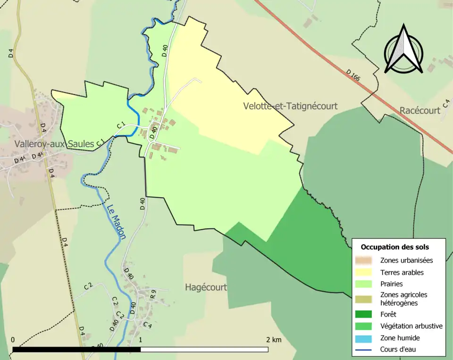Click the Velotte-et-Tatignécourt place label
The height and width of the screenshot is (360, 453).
click(290, 106)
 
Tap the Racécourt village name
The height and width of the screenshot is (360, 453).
click(419, 110)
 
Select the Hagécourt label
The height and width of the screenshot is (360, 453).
click(206, 287)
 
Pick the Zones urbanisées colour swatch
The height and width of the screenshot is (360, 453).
click(365, 260)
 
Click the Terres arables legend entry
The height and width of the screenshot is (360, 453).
click(402, 272)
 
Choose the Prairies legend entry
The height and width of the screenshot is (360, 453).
click(391, 284)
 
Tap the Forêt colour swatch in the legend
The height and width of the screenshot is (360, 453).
click(365, 314)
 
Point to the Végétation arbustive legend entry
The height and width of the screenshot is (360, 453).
click(411, 326)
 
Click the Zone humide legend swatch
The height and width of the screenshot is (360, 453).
click(365, 338)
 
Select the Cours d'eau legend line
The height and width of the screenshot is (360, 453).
click(365, 350)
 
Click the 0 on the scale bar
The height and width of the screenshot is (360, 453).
click(13, 340)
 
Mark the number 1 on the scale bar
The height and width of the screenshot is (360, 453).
click(141, 340)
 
